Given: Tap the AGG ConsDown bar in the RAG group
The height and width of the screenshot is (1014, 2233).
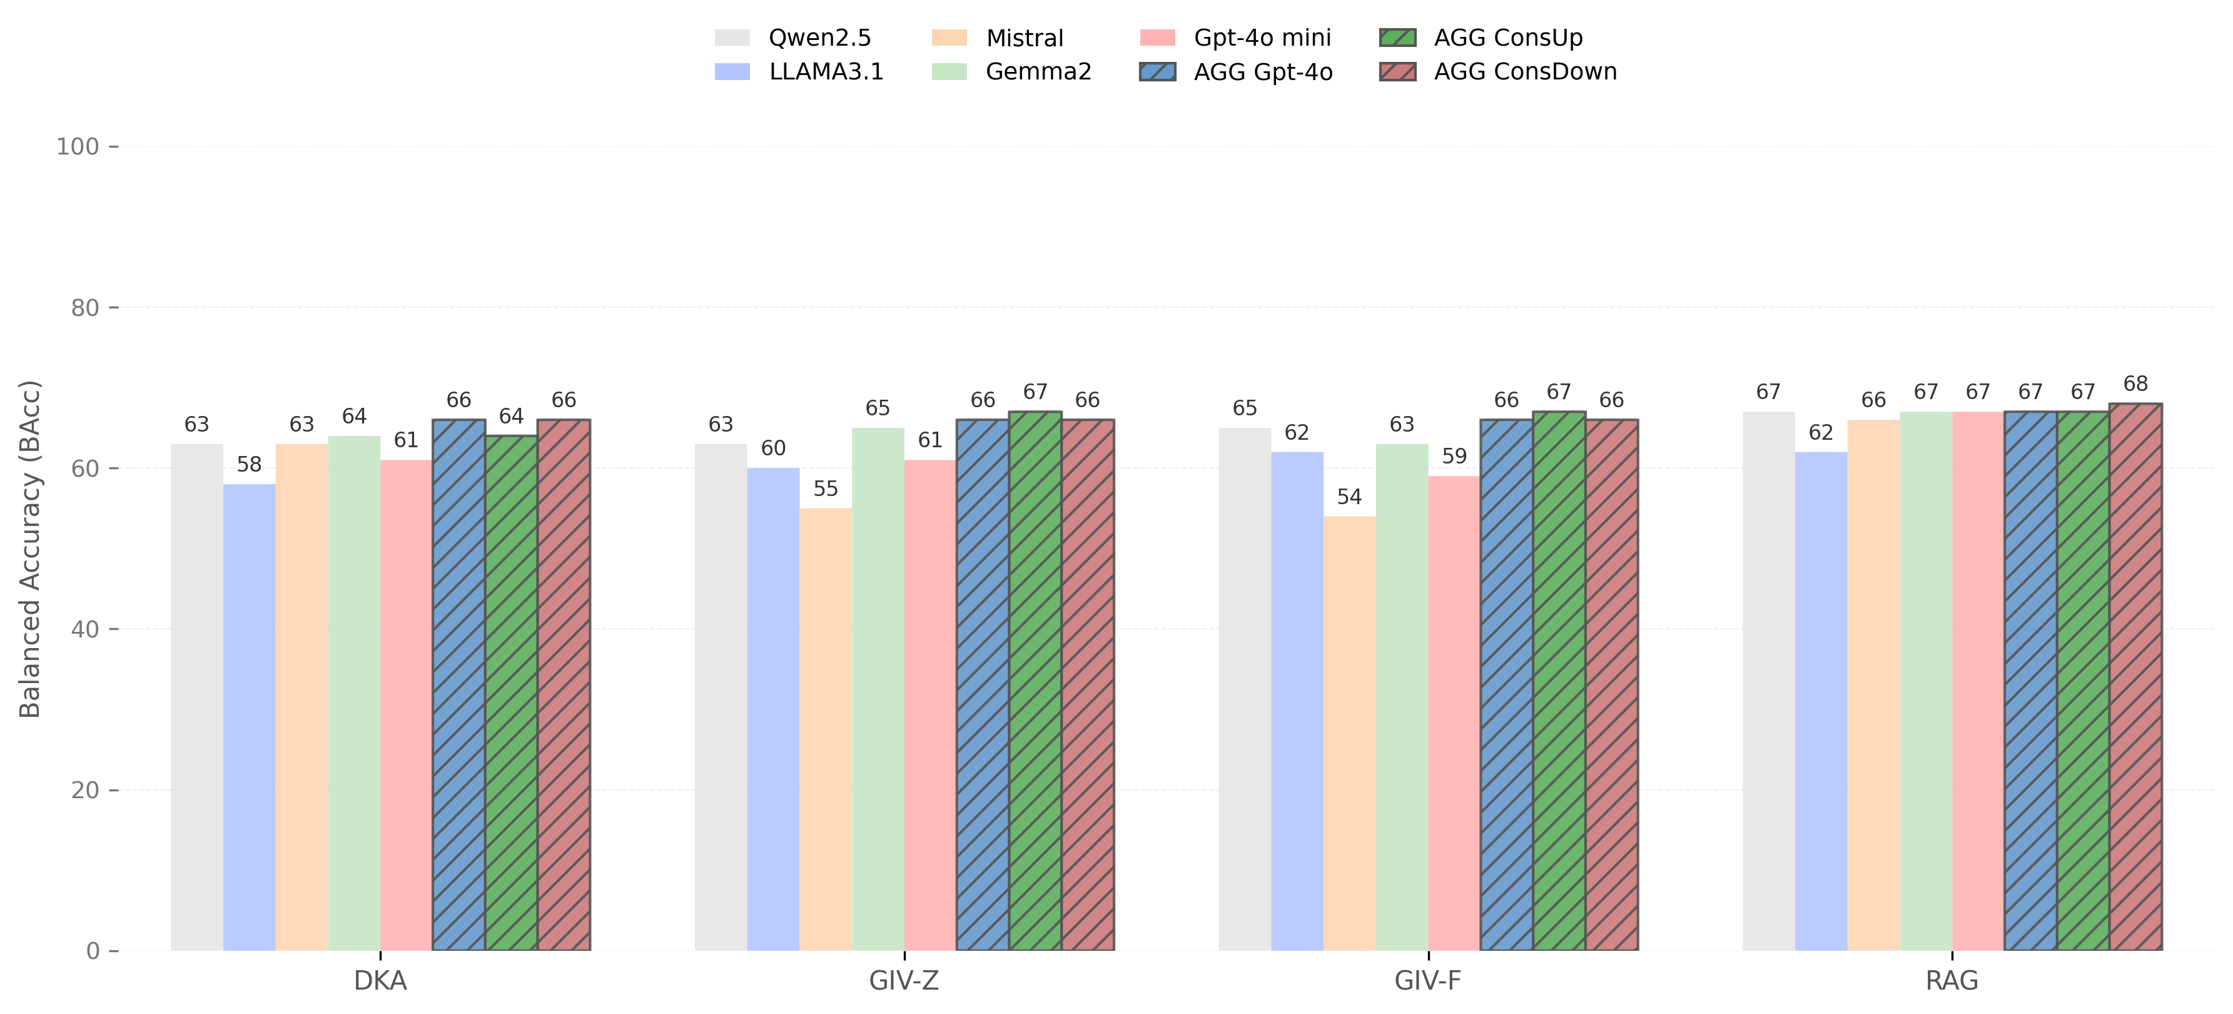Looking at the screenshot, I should pos(2134,677).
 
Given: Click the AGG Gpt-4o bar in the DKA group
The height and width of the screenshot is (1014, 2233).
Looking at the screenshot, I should pos(458,685).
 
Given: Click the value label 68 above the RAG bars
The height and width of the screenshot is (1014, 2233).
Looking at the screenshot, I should pos(2135,384).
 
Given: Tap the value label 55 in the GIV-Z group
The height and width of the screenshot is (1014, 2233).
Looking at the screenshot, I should pos(825,489).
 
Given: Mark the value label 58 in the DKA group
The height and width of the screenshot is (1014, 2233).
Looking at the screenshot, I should pos(249,465).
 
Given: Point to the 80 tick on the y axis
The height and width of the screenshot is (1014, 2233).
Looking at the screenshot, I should pos(85,308).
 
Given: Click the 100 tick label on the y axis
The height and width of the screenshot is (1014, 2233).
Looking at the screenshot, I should pos(78,146).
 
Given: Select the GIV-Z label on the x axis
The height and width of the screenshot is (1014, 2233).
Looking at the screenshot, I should pos(903,980).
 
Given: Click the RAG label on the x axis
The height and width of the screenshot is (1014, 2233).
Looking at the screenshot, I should pos(1952,980).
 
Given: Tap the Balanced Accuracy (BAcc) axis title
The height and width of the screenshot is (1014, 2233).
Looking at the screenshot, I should pos(31,549).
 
